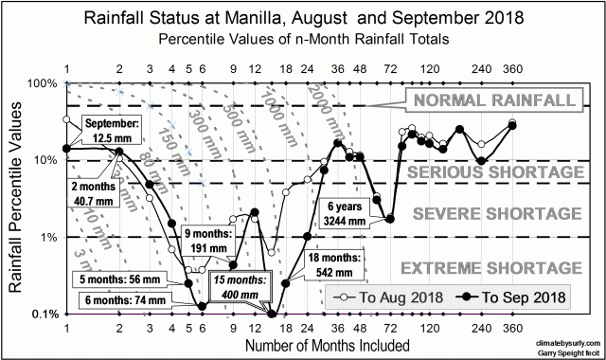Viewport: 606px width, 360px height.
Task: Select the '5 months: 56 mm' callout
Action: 116,279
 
